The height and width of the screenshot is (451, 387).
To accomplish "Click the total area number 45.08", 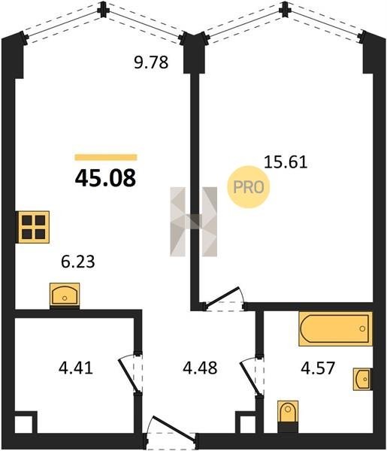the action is tap(105, 178).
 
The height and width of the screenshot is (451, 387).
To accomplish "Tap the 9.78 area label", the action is tap(151, 62).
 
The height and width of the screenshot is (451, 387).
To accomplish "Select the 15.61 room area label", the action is tap(286, 162).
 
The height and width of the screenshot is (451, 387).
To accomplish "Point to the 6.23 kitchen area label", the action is tap(78, 262).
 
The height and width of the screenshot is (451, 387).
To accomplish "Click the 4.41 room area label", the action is tap(76, 368).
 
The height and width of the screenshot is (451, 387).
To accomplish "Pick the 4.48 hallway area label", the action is tap(200, 368).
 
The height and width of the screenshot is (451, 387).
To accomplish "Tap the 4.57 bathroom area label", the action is tap(318, 368).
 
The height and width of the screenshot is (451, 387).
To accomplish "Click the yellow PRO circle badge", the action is tap(249, 187).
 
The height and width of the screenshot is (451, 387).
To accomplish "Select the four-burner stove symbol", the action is tap(34, 227).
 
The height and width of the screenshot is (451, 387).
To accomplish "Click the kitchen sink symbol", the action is tap(65, 294).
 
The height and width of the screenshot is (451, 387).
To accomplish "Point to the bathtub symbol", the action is tap(336, 328).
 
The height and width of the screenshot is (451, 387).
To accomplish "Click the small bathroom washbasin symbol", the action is tap(362, 379).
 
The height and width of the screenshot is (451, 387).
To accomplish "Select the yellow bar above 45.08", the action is tap(106, 157).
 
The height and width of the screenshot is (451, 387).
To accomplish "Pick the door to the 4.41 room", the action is tap(131, 373).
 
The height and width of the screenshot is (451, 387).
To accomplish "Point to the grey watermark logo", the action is tap(194, 222).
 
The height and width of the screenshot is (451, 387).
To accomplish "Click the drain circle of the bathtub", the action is tap(362, 328).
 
